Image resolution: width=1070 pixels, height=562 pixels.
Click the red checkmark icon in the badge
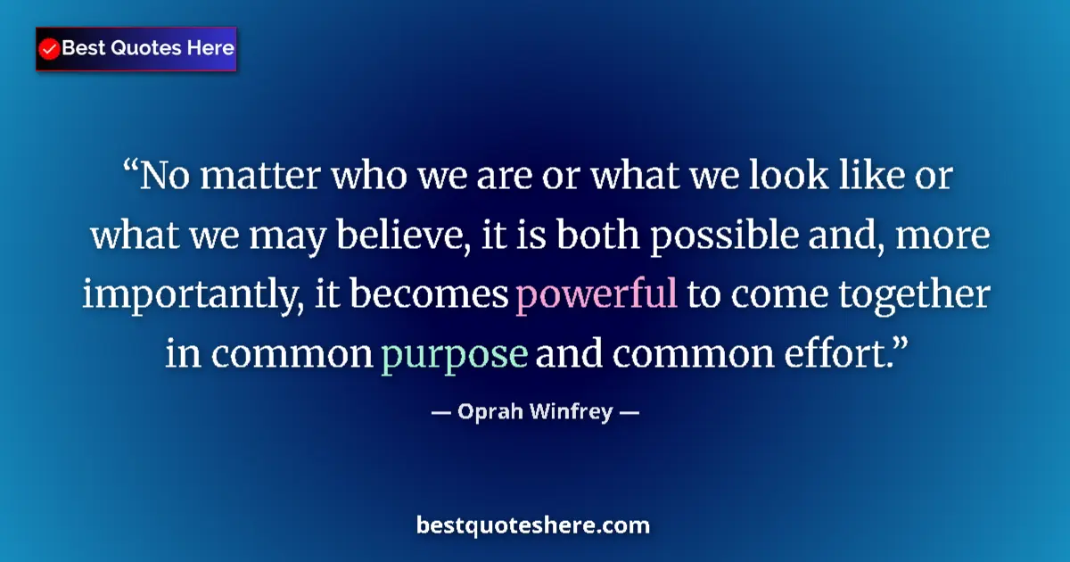pyautogui.click(x=50, y=49)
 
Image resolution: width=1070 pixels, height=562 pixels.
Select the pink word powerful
pyautogui.click(x=597, y=294)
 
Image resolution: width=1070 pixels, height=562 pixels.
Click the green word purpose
pyautogui.click(x=455, y=354)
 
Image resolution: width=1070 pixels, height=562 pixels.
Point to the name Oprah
pyautogui.click(x=487, y=413)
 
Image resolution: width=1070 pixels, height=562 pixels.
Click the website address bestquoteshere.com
pyautogui.click(x=533, y=525)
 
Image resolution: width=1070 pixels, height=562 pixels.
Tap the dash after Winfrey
pyautogui.click(x=629, y=413)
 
